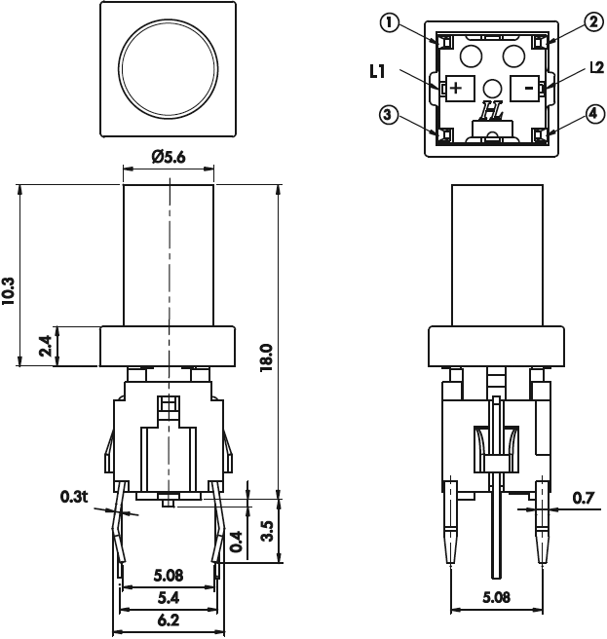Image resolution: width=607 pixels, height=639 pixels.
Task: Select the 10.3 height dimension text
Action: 10,291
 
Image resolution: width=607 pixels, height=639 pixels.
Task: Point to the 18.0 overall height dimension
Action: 265,356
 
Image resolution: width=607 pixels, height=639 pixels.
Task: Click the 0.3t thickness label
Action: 74,497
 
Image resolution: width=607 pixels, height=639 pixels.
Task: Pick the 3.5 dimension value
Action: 266,533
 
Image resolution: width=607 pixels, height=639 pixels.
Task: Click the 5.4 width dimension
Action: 167,595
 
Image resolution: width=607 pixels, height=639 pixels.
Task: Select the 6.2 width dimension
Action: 167,620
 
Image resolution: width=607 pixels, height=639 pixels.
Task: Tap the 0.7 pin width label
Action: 584,499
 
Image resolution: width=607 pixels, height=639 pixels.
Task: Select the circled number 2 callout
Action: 591,21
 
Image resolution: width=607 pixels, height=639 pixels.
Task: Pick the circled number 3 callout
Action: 390,115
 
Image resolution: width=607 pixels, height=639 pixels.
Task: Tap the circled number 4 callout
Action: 591,115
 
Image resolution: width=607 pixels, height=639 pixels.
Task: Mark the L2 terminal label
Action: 596,69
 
